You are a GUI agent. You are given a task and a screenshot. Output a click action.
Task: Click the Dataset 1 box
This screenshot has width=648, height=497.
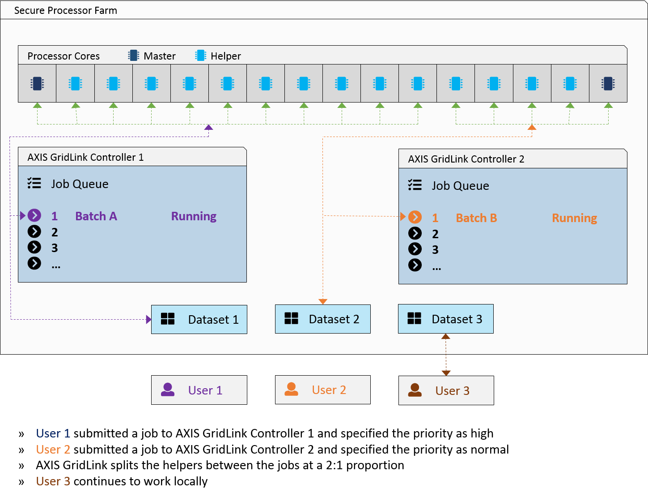[199, 319]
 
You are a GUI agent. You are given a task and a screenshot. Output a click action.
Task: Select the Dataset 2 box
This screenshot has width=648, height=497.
[322, 319]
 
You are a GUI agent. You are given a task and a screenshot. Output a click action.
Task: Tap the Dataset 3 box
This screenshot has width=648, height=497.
[445, 318]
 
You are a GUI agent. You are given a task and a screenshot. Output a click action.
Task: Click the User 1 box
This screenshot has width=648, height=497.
[199, 390]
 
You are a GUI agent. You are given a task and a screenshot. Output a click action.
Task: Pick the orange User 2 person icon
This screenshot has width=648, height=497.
[291, 389]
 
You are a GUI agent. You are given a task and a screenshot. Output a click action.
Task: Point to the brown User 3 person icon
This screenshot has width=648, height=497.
[415, 390]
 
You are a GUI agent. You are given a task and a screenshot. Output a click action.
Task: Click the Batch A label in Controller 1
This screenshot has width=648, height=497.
[96, 216]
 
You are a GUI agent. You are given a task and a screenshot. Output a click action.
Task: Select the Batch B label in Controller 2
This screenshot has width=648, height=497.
[476, 218]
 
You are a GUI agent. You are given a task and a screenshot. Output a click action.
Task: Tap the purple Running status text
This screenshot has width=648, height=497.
[194, 216]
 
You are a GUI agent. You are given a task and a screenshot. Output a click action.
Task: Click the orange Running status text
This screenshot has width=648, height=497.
[574, 218]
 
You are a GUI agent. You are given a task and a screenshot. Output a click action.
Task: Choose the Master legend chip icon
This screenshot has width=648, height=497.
[134, 56]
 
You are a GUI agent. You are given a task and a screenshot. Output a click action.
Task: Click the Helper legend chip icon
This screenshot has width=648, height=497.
[201, 56]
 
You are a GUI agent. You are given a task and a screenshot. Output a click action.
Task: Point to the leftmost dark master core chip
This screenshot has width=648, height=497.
[37, 84]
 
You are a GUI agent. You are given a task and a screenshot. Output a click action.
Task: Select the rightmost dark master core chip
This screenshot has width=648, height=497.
[608, 84]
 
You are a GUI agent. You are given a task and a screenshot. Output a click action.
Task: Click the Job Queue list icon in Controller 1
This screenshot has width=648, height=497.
[34, 183]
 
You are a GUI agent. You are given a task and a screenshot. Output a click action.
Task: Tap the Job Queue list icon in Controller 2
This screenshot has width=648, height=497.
[415, 185]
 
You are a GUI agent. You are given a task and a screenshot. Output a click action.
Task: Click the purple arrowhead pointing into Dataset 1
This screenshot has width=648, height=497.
[148, 319]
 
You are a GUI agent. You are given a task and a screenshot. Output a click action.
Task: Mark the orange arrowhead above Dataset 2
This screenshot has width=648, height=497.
[322, 301]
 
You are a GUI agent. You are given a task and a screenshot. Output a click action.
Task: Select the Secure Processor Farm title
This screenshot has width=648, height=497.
[66, 10]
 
